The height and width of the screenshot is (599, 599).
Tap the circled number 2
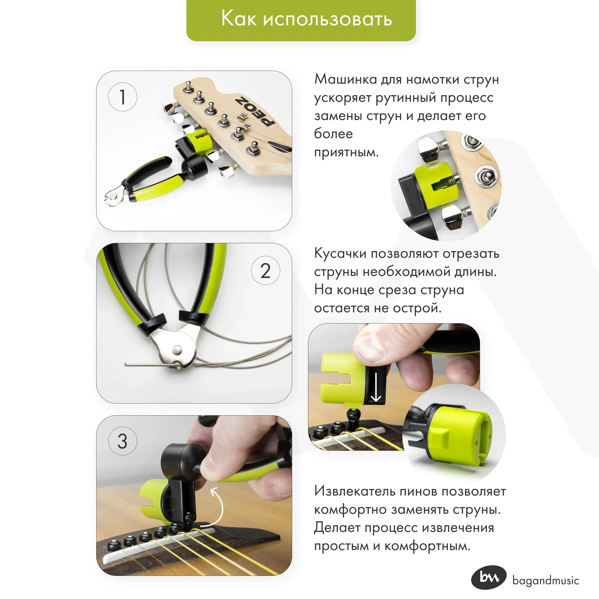tap(265, 270)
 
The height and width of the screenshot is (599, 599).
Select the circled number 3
tap(122, 441)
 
